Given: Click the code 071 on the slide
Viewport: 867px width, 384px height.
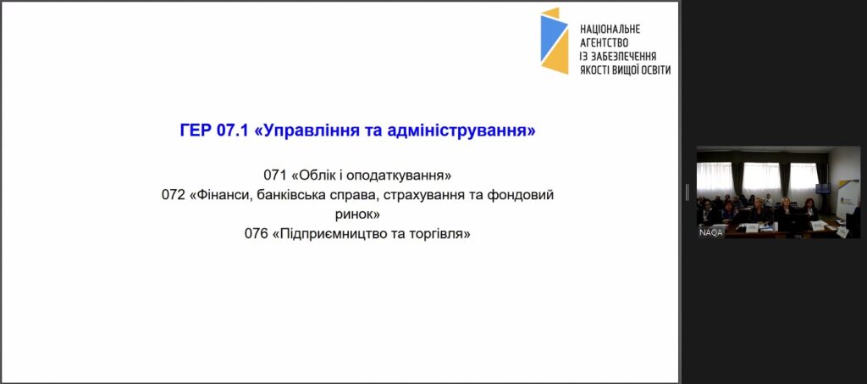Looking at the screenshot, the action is (x=275, y=175).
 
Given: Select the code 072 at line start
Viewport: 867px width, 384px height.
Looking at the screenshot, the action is (x=173, y=195).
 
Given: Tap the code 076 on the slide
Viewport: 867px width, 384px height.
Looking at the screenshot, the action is (x=256, y=233).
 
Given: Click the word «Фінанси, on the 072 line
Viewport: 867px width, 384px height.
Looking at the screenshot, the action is (x=216, y=195).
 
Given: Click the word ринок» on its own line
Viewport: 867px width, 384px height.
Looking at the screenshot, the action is (x=358, y=214).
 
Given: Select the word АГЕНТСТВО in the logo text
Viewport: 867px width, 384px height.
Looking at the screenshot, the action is (x=604, y=42).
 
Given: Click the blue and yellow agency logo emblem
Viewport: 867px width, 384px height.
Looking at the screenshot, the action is (x=555, y=41).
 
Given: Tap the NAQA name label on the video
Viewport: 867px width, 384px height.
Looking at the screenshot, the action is (x=710, y=232).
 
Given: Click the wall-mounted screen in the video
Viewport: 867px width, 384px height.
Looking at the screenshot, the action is (x=823, y=189).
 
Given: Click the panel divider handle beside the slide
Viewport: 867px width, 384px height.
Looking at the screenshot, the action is (x=688, y=192).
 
